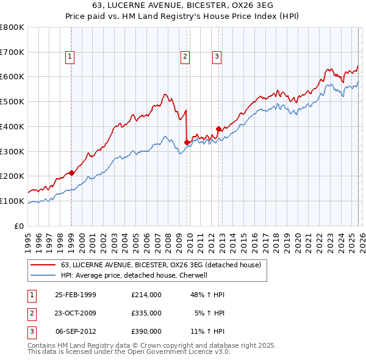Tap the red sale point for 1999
[72, 173]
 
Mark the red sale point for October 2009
[187, 142]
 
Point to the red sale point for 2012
[218, 129]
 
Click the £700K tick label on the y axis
[12, 52]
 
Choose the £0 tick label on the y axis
[18, 226]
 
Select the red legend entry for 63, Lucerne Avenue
[161, 265]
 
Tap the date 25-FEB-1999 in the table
[76, 295]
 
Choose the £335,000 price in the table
[146, 313]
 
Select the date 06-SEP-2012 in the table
[76, 331]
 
